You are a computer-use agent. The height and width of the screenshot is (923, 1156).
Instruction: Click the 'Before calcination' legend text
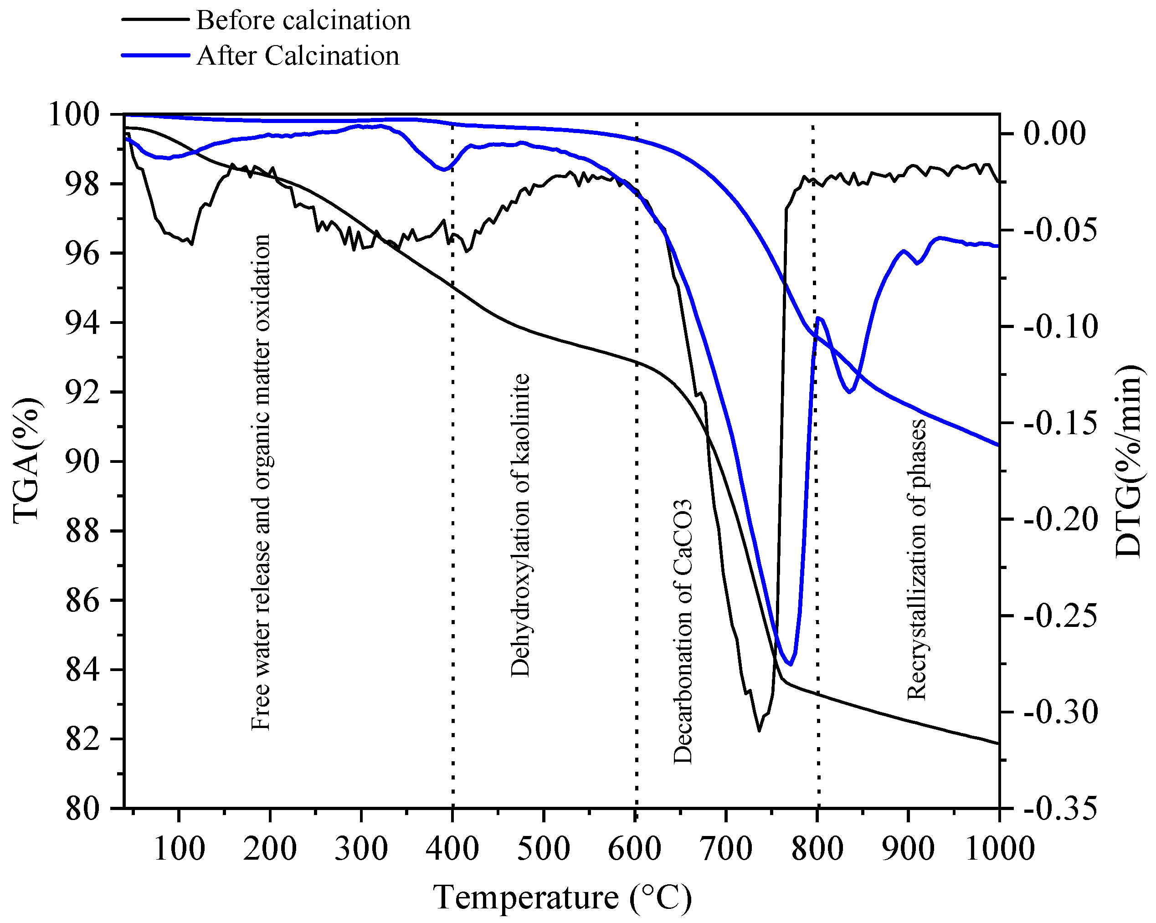[303, 21]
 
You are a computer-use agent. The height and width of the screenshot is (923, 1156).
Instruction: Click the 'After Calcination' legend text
[298, 56]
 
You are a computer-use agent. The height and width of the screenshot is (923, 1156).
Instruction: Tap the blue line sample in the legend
[155, 55]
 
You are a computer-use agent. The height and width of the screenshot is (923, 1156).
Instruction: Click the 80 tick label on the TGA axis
[82, 809]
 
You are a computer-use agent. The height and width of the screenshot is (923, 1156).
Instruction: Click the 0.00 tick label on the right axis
[1054, 133]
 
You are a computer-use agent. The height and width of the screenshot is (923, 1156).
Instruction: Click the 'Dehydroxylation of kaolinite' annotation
[519, 525]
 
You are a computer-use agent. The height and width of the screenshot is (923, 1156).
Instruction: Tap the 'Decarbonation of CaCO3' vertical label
[683, 632]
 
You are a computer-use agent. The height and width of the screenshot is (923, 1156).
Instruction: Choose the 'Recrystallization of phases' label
[916, 559]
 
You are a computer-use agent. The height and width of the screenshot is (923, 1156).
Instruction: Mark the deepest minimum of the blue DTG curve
[790, 665]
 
